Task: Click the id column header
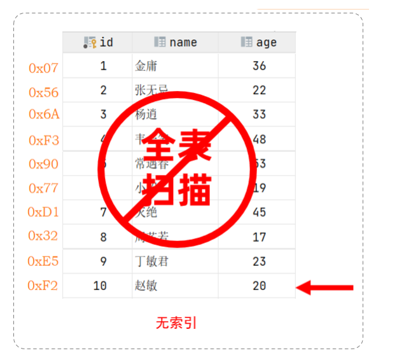pyautogui.click(x=99, y=43)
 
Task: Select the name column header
pyautogui.click(x=176, y=43)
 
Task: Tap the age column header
pyautogui.click(x=258, y=43)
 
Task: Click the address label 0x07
pyautogui.click(x=44, y=67)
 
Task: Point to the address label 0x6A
pyautogui.click(x=44, y=114)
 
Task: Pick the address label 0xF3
pyautogui.click(x=44, y=140)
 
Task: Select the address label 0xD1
pyautogui.click(x=44, y=211)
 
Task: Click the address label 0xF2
pyautogui.click(x=43, y=286)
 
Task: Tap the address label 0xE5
pyautogui.click(x=44, y=261)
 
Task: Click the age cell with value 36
pyautogui.click(x=259, y=66)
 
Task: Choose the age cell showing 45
pyautogui.click(x=259, y=212)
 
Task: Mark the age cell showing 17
pyautogui.click(x=259, y=237)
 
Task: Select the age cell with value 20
pyautogui.click(x=259, y=286)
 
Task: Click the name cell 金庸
pyautogui.click(x=146, y=66)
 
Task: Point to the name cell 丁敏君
pyautogui.click(x=151, y=261)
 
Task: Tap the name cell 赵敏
pyautogui.click(x=146, y=286)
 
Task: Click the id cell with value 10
pyautogui.click(x=100, y=286)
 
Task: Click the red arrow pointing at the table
pyautogui.click(x=325, y=288)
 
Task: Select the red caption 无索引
pyautogui.click(x=176, y=323)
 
